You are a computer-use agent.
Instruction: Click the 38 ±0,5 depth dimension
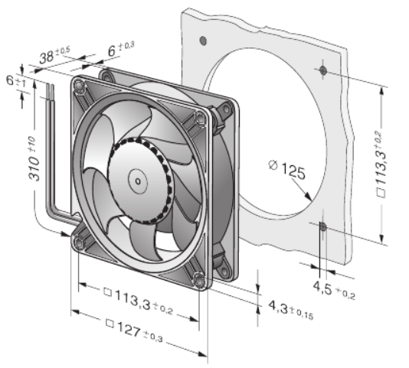pos(54,55)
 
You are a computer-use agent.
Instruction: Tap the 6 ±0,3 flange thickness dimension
pos(121,49)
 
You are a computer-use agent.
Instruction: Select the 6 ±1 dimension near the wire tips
pos(16,81)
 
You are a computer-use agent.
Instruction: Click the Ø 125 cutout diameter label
pos(287,169)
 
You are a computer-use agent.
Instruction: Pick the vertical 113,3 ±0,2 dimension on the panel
pos(380,164)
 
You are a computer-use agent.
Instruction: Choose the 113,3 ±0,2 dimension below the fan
pos(138,301)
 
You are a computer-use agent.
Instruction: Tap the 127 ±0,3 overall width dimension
pos(135,331)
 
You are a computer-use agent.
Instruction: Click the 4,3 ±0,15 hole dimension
pos(290,310)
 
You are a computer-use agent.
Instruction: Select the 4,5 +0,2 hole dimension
pos(334,290)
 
